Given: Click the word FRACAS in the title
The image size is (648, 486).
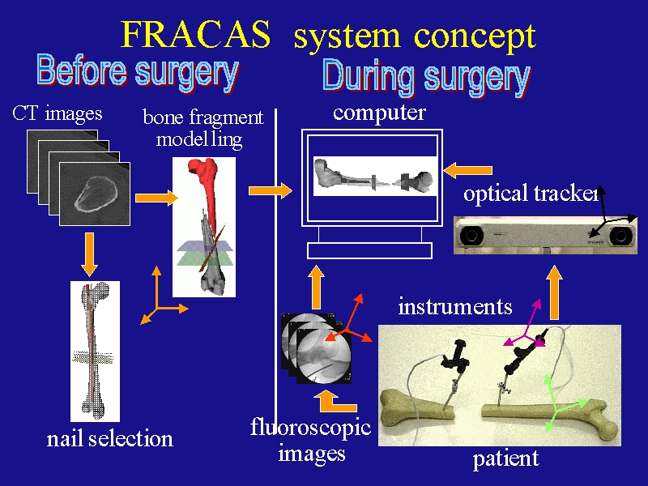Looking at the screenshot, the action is click(195, 34).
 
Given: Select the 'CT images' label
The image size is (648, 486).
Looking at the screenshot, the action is click(58, 113).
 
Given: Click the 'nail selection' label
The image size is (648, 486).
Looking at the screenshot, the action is click(109, 439).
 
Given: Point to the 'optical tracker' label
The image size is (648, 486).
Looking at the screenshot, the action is click(531, 194).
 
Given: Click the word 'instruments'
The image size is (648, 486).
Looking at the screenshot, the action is click(455, 307).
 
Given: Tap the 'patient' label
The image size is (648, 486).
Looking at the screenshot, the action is click(505, 458).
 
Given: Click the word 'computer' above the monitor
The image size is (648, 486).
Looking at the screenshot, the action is click(379, 113).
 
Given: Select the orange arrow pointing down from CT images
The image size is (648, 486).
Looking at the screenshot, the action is click(89, 254).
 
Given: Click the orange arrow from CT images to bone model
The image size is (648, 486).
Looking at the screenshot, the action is click(156, 198).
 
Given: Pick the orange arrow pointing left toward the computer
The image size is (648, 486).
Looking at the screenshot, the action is click(467, 170).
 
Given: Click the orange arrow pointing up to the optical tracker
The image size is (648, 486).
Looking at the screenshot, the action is click(554, 292).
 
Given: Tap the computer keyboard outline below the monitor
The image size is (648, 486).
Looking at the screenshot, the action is click(369, 251).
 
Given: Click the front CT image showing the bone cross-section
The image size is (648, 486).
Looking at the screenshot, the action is click(95, 194).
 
